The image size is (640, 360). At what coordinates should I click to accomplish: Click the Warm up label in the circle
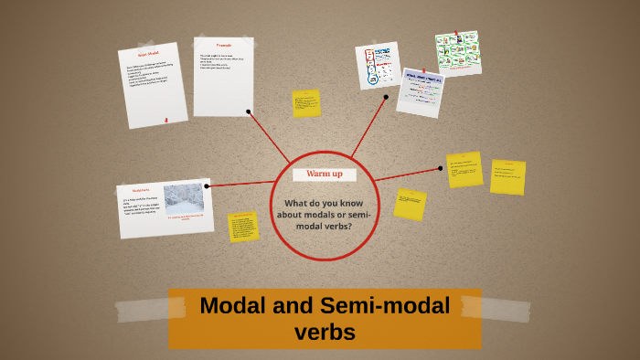coord(325,174)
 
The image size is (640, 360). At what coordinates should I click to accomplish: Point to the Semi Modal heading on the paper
coord(148,56)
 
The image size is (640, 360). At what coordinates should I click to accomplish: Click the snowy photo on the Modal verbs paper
coord(183,200)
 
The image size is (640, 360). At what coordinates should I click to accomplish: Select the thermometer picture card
coord(377,66)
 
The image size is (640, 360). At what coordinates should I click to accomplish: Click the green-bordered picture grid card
coord(457,53)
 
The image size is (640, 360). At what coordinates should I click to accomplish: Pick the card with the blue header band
coord(420,91)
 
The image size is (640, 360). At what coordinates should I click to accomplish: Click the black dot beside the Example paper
coord(249,111)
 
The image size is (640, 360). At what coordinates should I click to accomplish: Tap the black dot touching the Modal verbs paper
coord(208,185)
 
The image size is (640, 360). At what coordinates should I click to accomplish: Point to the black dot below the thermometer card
coord(386,97)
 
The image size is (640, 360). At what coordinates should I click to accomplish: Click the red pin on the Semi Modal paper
coord(165,118)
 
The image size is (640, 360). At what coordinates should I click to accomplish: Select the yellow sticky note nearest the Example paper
coord(305,103)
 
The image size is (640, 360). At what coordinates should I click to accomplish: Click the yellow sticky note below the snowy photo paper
coord(243,227)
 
